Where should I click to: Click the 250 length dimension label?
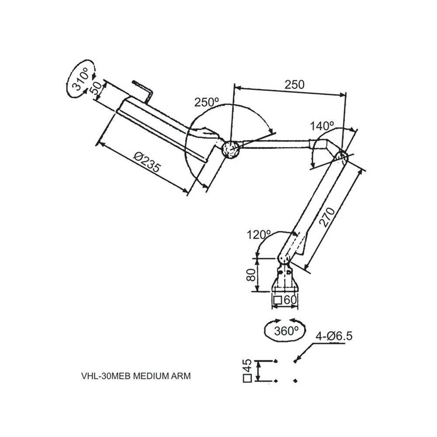[294, 85]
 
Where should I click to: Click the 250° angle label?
[207, 102]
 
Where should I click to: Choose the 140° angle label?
[322, 127]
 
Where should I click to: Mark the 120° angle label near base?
[259, 235]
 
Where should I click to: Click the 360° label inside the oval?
[286, 331]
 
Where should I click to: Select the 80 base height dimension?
[250, 275]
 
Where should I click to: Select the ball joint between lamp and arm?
[230, 149]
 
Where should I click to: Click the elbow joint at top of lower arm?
[340, 156]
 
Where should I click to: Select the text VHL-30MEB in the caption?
[106, 375]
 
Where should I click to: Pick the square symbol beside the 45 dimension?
[247, 379]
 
